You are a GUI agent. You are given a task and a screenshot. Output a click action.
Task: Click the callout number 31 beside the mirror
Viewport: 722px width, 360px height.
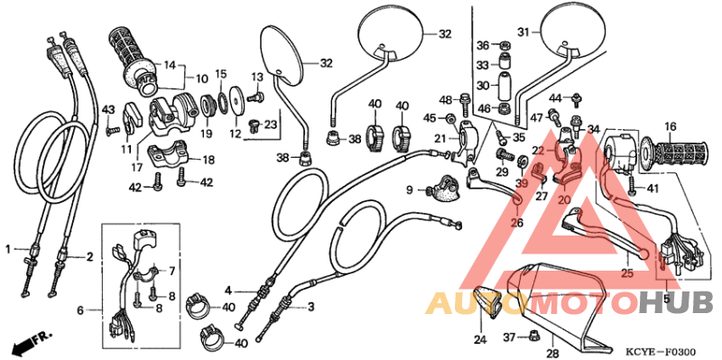point(523,32)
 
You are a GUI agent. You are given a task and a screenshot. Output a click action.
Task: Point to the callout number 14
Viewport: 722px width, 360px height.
point(170,65)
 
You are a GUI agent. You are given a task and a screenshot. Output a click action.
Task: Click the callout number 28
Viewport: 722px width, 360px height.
point(552,352)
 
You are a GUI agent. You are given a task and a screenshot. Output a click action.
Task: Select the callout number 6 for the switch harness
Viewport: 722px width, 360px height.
point(80,310)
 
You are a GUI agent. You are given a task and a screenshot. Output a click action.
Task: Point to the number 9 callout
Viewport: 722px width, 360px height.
point(409,189)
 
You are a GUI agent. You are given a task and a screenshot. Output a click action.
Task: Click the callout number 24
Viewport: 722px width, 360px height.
point(479,339)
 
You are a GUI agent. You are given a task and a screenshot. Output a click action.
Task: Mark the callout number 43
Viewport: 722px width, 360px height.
point(109,110)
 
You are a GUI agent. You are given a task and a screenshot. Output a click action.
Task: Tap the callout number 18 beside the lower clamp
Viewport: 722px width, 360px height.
point(208,160)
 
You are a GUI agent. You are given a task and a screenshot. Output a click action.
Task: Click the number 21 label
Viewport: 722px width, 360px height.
point(440,138)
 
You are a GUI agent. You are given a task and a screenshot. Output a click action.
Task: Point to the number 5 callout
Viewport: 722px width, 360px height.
point(667,298)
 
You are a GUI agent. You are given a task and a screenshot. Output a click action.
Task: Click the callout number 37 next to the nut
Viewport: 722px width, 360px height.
point(509,337)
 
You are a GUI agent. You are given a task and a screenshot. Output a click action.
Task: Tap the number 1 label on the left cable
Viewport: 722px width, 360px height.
point(8,248)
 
